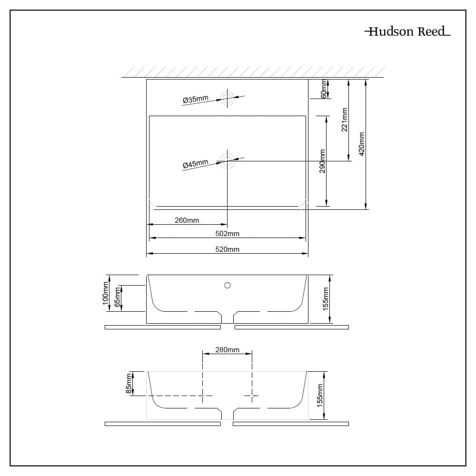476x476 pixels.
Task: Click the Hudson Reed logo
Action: coord(407,31)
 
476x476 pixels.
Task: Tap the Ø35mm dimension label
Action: coord(196,99)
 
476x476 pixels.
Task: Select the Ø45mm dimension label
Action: coord(196,164)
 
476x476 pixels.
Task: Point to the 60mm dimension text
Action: coord(324,89)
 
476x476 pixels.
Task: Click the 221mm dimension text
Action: coord(345,119)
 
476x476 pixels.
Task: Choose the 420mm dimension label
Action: coord(362,144)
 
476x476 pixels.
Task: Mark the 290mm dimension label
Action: coord(322,161)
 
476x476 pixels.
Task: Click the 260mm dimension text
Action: coord(187,220)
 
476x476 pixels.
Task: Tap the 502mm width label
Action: coord(228,233)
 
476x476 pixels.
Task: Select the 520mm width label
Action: coord(228,249)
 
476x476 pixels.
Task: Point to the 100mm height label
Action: coord(105,293)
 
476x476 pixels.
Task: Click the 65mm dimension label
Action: coord(118,298)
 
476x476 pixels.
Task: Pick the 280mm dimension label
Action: coord(228,350)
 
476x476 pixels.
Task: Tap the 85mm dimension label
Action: coord(129,384)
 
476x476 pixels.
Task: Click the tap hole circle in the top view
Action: coord(228,98)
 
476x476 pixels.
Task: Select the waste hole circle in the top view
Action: coord(228,161)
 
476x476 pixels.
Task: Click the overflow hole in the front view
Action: coord(228,285)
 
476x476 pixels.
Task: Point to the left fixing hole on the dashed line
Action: coord(203,396)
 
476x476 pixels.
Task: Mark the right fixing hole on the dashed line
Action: coord(252,396)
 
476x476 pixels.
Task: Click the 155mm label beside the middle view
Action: coord(326,299)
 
